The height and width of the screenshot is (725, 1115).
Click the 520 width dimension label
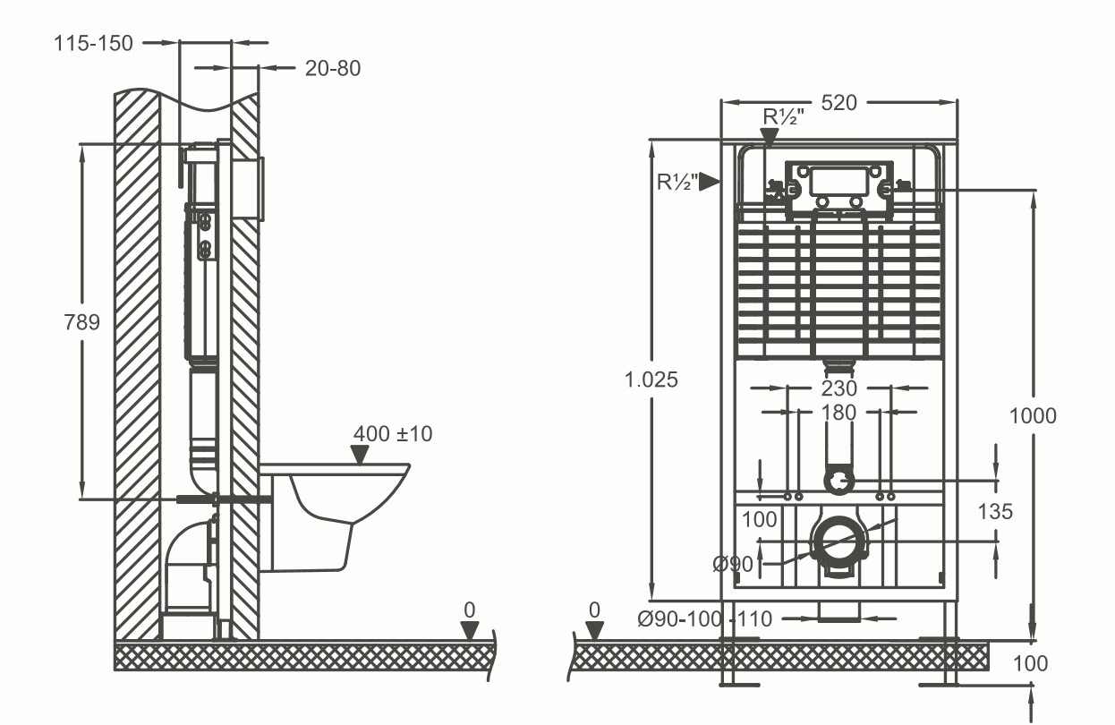point(838,102)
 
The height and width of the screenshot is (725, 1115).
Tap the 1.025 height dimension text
point(651,380)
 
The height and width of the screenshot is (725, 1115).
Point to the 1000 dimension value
point(1032,415)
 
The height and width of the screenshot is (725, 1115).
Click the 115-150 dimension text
point(92,42)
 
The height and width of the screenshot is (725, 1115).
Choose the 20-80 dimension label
point(332,68)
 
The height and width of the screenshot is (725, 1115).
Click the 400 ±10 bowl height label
point(392,434)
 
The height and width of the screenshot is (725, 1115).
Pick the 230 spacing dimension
point(838,388)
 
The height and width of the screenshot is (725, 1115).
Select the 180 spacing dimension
point(838,413)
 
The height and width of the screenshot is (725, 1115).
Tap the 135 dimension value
point(994,511)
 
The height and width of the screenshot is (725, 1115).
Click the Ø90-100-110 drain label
point(704,618)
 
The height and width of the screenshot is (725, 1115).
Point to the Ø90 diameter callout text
point(732,564)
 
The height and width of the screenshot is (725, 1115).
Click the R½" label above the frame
point(784,116)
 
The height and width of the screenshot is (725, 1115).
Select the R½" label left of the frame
point(677,182)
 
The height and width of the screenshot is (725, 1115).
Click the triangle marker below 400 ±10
point(360,456)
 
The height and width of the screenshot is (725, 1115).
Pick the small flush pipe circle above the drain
point(838,482)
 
